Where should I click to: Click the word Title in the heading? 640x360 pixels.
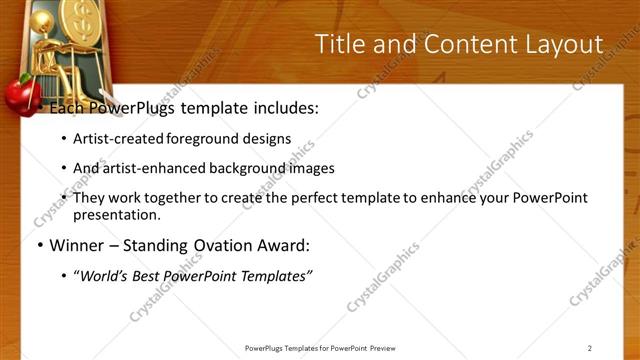[x=340, y=44]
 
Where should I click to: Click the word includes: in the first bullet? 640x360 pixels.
[x=284, y=108]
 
